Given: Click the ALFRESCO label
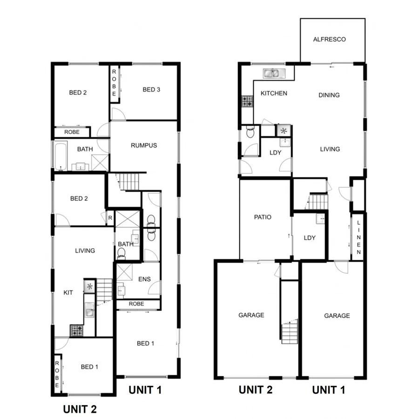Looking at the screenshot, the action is [x=329, y=40].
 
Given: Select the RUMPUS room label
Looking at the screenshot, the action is [x=144, y=145].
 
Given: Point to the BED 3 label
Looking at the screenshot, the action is [x=151, y=89].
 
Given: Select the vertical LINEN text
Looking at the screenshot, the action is [x=358, y=238].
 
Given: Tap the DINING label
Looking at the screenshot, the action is [x=329, y=95].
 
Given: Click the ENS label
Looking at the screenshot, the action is [x=143, y=279].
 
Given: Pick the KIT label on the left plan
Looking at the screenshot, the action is [x=68, y=293].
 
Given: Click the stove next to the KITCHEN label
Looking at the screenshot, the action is [x=247, y=101].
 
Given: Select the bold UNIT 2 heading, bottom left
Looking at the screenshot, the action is [x=80, y=409].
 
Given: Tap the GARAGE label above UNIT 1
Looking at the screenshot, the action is [x=337, y=316].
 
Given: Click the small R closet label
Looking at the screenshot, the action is [x=110, y=217].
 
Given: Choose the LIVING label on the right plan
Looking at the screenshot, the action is [x=330, y=149].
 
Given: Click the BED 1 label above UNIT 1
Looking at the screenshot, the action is [x=146, y=344].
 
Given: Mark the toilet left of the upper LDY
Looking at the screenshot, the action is [x=250, y=133].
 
